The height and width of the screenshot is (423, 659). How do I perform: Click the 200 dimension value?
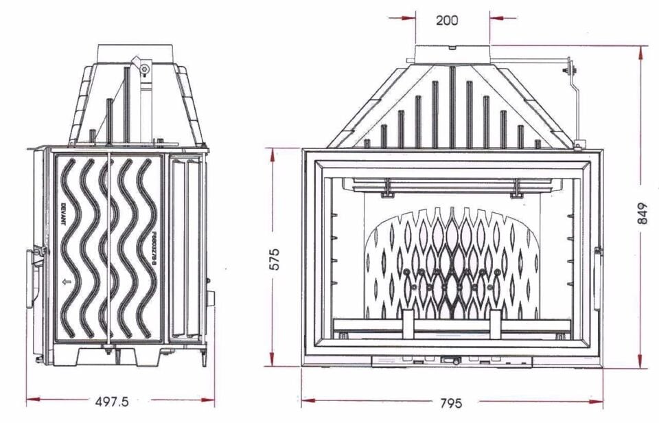[x=447, y=21]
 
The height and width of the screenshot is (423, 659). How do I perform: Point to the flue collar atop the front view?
[x=452, y=54]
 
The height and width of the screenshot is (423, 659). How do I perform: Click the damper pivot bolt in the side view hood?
[x=144, y=69]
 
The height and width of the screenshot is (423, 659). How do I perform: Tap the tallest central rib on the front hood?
[x=452, y=106]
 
